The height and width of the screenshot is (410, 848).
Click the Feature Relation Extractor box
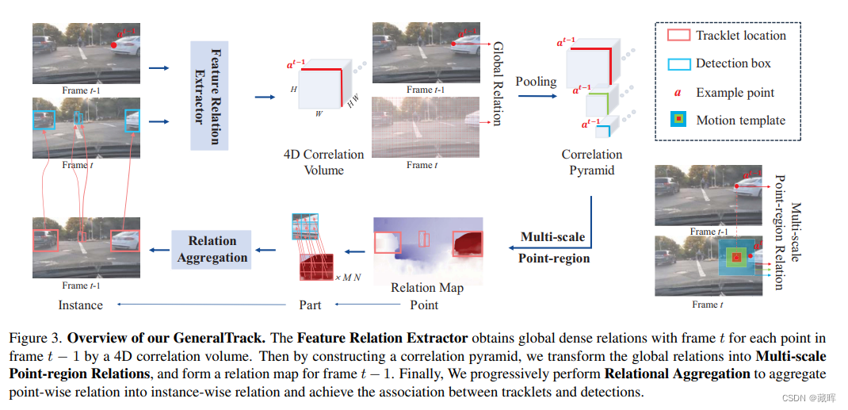209,95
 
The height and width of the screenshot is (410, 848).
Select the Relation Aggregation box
212,248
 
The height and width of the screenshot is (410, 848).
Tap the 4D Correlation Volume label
324,162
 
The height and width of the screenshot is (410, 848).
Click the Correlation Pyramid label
591,162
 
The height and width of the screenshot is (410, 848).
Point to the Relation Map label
427,287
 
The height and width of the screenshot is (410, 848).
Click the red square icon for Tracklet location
678,36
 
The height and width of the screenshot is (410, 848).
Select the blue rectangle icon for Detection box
678,63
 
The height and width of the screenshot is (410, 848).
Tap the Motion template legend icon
678,121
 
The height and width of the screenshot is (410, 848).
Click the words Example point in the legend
735,93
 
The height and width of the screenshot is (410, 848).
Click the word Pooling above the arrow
536,81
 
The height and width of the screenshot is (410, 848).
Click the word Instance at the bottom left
81,305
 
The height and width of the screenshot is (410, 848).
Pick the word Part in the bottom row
310,305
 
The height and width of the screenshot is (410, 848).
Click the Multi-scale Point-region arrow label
553,247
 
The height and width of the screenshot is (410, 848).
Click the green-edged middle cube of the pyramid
601,104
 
